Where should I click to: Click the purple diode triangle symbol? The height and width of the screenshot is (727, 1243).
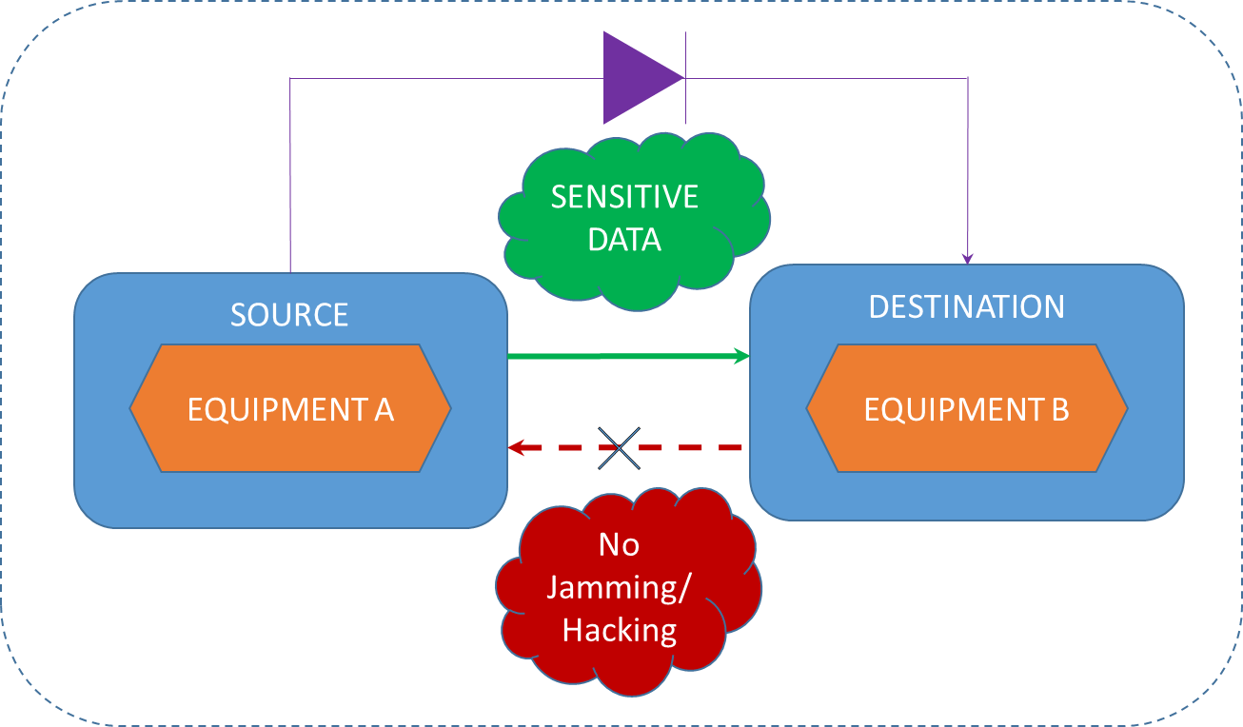[x=637, y=78]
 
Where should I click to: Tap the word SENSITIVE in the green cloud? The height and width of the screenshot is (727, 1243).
[x=624, y=197]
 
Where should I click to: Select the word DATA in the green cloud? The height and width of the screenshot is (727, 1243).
[x=624, y=239]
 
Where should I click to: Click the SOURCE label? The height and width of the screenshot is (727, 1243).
[x=289, y=314]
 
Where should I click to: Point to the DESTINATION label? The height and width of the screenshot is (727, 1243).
[x=966, y=306]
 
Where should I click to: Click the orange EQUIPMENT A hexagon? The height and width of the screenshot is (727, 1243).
[x=290, y=408]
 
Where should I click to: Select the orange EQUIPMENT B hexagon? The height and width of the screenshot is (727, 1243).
[x=966, y=408]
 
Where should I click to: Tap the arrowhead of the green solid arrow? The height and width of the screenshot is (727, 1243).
[x=741, y=356]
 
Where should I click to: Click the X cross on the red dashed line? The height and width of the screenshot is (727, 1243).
[x=620, y=447]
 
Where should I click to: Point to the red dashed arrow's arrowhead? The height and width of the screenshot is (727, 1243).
[x=517, y=447]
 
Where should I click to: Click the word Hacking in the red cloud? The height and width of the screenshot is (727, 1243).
[x=620, y=630]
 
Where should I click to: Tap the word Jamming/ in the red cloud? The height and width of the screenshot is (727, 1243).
[x=620, y=587]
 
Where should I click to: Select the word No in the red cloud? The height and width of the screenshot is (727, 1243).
[x=620, y=544]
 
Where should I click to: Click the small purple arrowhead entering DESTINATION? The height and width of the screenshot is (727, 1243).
[x=968, y=258]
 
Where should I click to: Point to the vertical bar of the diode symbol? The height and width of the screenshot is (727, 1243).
[x=685, y=78]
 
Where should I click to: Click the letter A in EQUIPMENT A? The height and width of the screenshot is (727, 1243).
[x=384, y=409]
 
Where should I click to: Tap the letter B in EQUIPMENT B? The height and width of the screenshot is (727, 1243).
[x=1059, y=409]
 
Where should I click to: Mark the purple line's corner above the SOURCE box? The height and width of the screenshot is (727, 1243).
[x=290, y=78]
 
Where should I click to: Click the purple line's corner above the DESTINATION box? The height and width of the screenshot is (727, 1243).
[x=968, y=78]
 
